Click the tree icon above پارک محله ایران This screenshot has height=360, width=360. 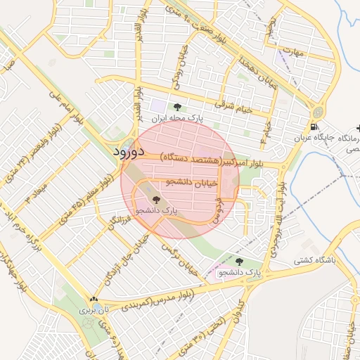[176, 108]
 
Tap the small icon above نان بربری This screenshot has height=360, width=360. [92, 299]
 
